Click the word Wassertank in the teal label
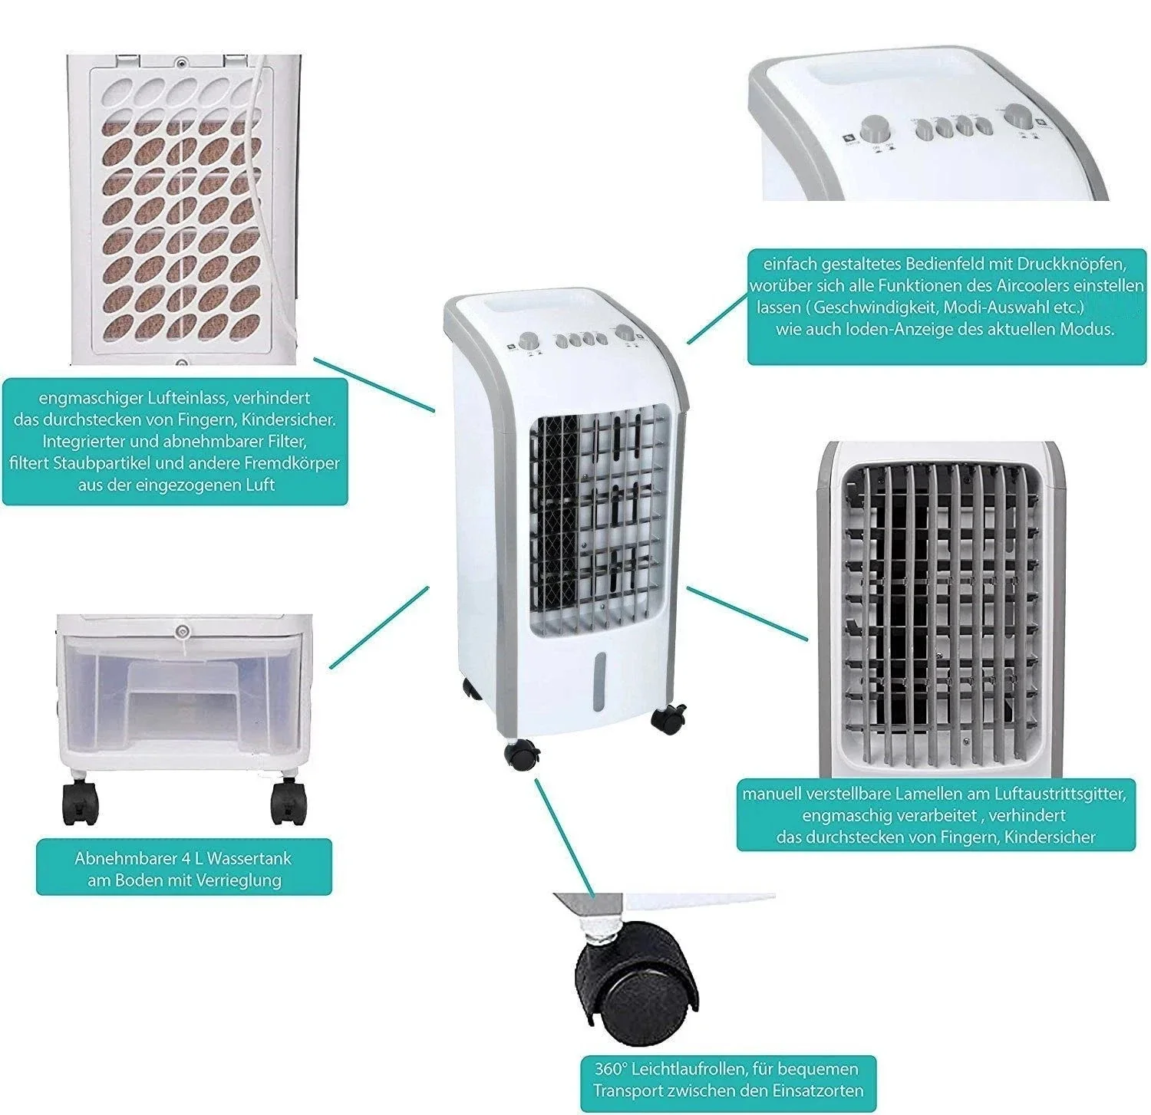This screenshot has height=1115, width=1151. tap(249, 858)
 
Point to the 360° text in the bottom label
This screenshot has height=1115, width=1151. tap(612, 1068)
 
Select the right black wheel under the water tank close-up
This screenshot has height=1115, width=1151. tap(288, 801)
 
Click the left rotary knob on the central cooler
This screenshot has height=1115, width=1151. tap(529, 341)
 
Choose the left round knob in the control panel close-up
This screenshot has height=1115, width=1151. tap(874, 129)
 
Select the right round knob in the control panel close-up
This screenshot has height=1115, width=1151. tap(1020, 115)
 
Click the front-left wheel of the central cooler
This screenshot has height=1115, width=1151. tap(523, 755)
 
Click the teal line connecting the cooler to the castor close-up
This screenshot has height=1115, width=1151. tap(564, 837)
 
